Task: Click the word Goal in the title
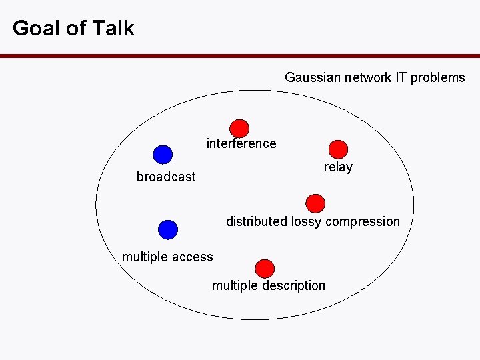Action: (35, 28)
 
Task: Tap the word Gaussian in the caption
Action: (313, 77)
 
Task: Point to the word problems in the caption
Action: (437, 77)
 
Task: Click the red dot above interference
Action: (239, 128)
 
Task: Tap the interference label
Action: (241, 143)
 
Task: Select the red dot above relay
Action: (339, 149)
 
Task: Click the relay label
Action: (338, 167)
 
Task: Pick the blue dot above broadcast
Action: (162, 155)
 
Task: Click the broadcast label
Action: (166, 177)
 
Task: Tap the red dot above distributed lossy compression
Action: (315, 203)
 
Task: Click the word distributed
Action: (257, 221)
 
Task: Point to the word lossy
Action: (305, 222)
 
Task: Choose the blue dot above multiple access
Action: (168, 229)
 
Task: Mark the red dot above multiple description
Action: (265, 268)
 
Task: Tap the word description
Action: (293, 286)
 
